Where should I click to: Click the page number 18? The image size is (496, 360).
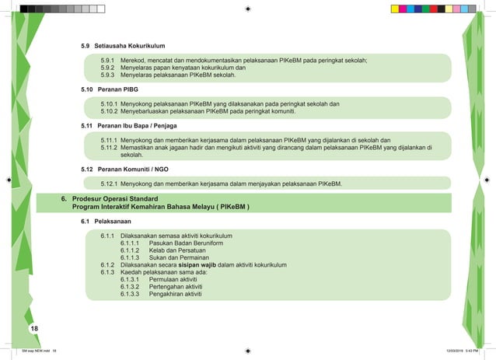[x=34, y=330]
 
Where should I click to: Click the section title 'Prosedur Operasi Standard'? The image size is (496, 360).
[x=117, y=199]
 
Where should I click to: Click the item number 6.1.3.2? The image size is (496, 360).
[x=131, y=287]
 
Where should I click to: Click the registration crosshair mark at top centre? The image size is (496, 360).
[x=246, y=9]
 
